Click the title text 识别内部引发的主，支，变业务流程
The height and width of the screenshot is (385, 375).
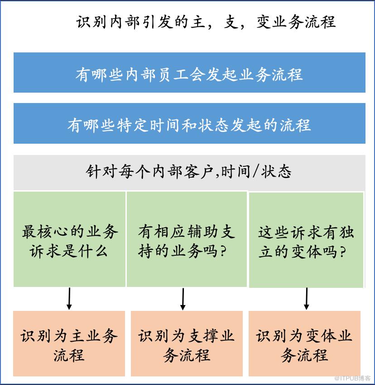206,22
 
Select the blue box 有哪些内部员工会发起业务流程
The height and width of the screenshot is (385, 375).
189,72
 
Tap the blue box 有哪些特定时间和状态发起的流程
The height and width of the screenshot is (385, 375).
189,123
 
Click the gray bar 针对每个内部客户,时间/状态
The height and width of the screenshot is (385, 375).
189,172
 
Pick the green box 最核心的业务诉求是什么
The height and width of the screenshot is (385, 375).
69,239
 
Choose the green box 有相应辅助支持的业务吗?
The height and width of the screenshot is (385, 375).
187,239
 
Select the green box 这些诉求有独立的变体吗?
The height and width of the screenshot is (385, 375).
306,240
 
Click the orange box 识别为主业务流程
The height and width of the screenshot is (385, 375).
69,343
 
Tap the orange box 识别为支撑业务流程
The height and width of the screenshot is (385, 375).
187,343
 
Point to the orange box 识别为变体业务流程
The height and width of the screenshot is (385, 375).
304,343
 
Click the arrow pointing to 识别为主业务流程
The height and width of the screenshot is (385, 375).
69,299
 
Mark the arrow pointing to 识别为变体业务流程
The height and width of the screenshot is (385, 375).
306,299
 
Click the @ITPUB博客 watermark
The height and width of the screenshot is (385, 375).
352,378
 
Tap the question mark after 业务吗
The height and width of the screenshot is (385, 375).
223,251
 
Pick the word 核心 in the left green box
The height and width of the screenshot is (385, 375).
46,231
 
